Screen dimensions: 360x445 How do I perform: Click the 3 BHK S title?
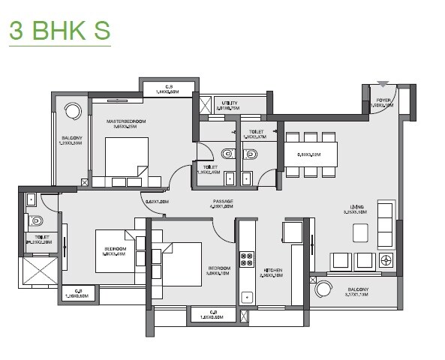[59, 31]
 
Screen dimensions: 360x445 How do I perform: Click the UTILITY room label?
[229, 103]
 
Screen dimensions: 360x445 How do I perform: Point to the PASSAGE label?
[222, 201]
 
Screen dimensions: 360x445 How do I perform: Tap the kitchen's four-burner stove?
[247, 259]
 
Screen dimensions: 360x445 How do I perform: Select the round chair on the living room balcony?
[323, 289]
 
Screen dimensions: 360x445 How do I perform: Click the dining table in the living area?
[309, 154]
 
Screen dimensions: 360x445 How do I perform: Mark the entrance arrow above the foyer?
[383, 84]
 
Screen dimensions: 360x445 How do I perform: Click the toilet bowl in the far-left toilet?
[35, 220]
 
